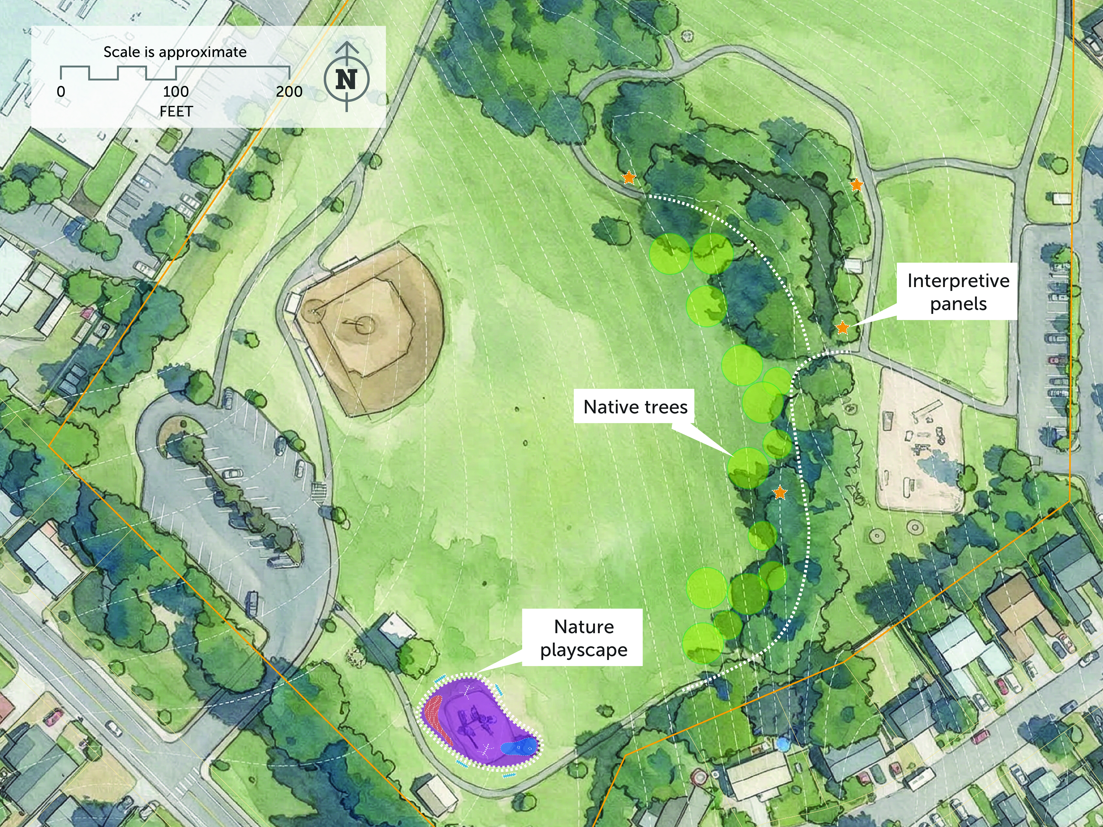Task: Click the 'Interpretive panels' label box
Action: (958, 292)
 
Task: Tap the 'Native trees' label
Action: (635, 407)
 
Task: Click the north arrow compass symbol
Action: (347, 79)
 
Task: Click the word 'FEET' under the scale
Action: (176, 111)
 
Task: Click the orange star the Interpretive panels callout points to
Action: (842, 327)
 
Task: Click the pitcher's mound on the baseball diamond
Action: (366, 325)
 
